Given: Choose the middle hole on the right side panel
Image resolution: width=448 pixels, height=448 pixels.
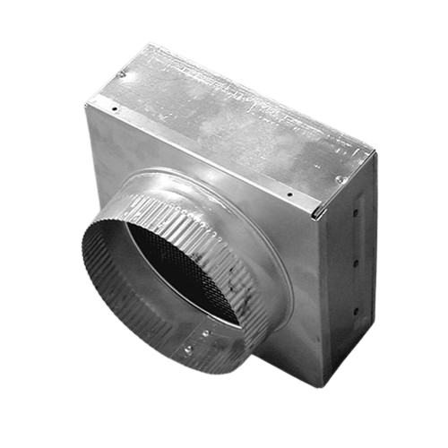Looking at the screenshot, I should pyautogui.click(x=356, y=264).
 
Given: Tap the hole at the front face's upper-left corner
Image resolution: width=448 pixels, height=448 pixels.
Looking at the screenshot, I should pyautogui.click(x=116, y=110).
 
